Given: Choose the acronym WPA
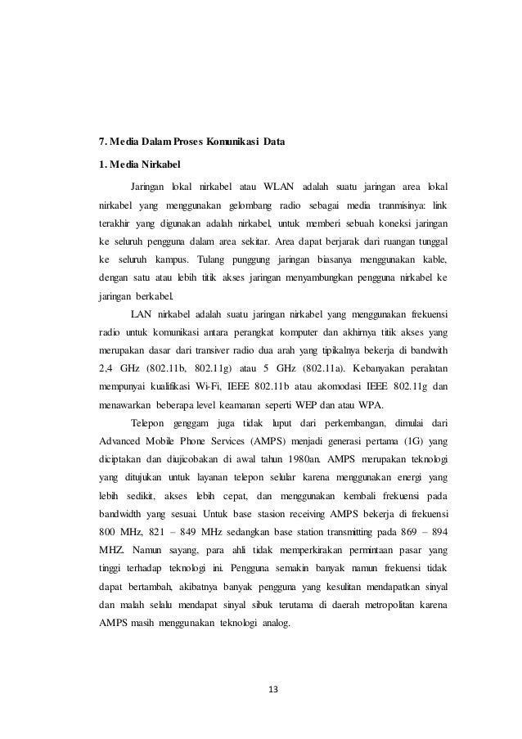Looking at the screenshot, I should (x=380, y=407).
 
